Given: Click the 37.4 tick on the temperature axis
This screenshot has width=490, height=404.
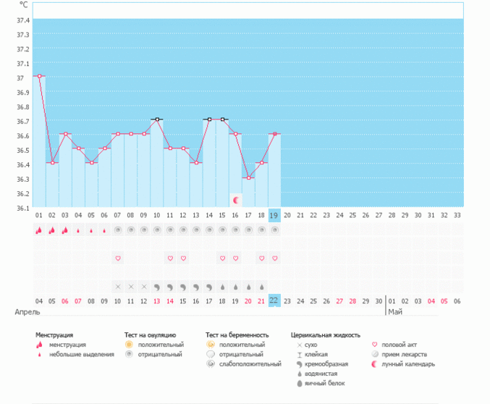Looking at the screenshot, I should click(x=22, y=20).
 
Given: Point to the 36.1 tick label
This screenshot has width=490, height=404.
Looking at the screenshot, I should click(x=22, y=209).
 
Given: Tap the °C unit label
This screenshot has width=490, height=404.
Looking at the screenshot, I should click(x=24, y=5).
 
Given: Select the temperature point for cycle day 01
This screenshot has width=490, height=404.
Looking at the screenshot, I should click(x=38, y=76).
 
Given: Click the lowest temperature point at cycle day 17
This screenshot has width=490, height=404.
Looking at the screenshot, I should click(x=248, y=177).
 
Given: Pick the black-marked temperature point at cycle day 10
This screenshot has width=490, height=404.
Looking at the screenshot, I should click(x=156, y=119).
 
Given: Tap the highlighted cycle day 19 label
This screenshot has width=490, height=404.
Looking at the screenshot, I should click(x=274, y=216).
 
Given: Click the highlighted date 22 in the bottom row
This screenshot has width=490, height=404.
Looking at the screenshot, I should click(x=274, y=300).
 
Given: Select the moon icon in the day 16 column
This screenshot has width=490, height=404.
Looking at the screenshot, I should click(x=235, y=199).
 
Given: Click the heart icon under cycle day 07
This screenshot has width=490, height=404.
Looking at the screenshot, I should click(x=117, y=258).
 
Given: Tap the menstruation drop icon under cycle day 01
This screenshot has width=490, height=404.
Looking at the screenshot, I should click(x=38, y=230).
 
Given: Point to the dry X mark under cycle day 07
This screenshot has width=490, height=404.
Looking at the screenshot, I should click(x=117, y=286).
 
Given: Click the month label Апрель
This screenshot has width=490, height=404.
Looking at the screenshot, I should click(x=28, y=312).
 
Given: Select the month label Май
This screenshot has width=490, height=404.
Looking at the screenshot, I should click(x=394, y=312).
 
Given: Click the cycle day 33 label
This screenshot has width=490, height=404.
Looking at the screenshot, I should click(x=456, y=216).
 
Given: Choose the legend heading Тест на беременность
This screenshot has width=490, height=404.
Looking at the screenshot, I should click(x=237, y=335).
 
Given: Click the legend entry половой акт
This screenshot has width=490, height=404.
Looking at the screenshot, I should click(x=398, y=345).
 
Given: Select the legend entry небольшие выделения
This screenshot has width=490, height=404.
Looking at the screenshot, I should click(x=81, y=355).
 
